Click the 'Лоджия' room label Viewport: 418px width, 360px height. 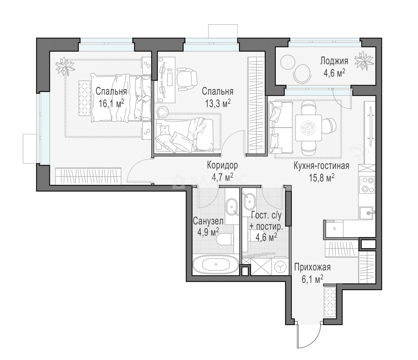[334, 61]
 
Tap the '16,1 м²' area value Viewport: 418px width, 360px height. [111, 103]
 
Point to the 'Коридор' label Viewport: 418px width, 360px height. [222, 165]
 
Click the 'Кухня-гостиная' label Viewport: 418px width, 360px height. [321, 166]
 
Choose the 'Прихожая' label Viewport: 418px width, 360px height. [312, 267]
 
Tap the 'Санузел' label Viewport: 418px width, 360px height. [208, 221]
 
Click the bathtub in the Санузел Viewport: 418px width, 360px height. [216, 265]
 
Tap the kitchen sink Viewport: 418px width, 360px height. [367, 213]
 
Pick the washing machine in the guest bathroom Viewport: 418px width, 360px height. [280, 267]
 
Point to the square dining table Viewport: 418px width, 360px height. [308, 128]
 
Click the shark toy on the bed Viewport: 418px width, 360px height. [199, 129]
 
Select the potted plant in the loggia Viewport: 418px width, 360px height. [364, 60]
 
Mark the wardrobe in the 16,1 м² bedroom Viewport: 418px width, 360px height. [88, 176]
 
